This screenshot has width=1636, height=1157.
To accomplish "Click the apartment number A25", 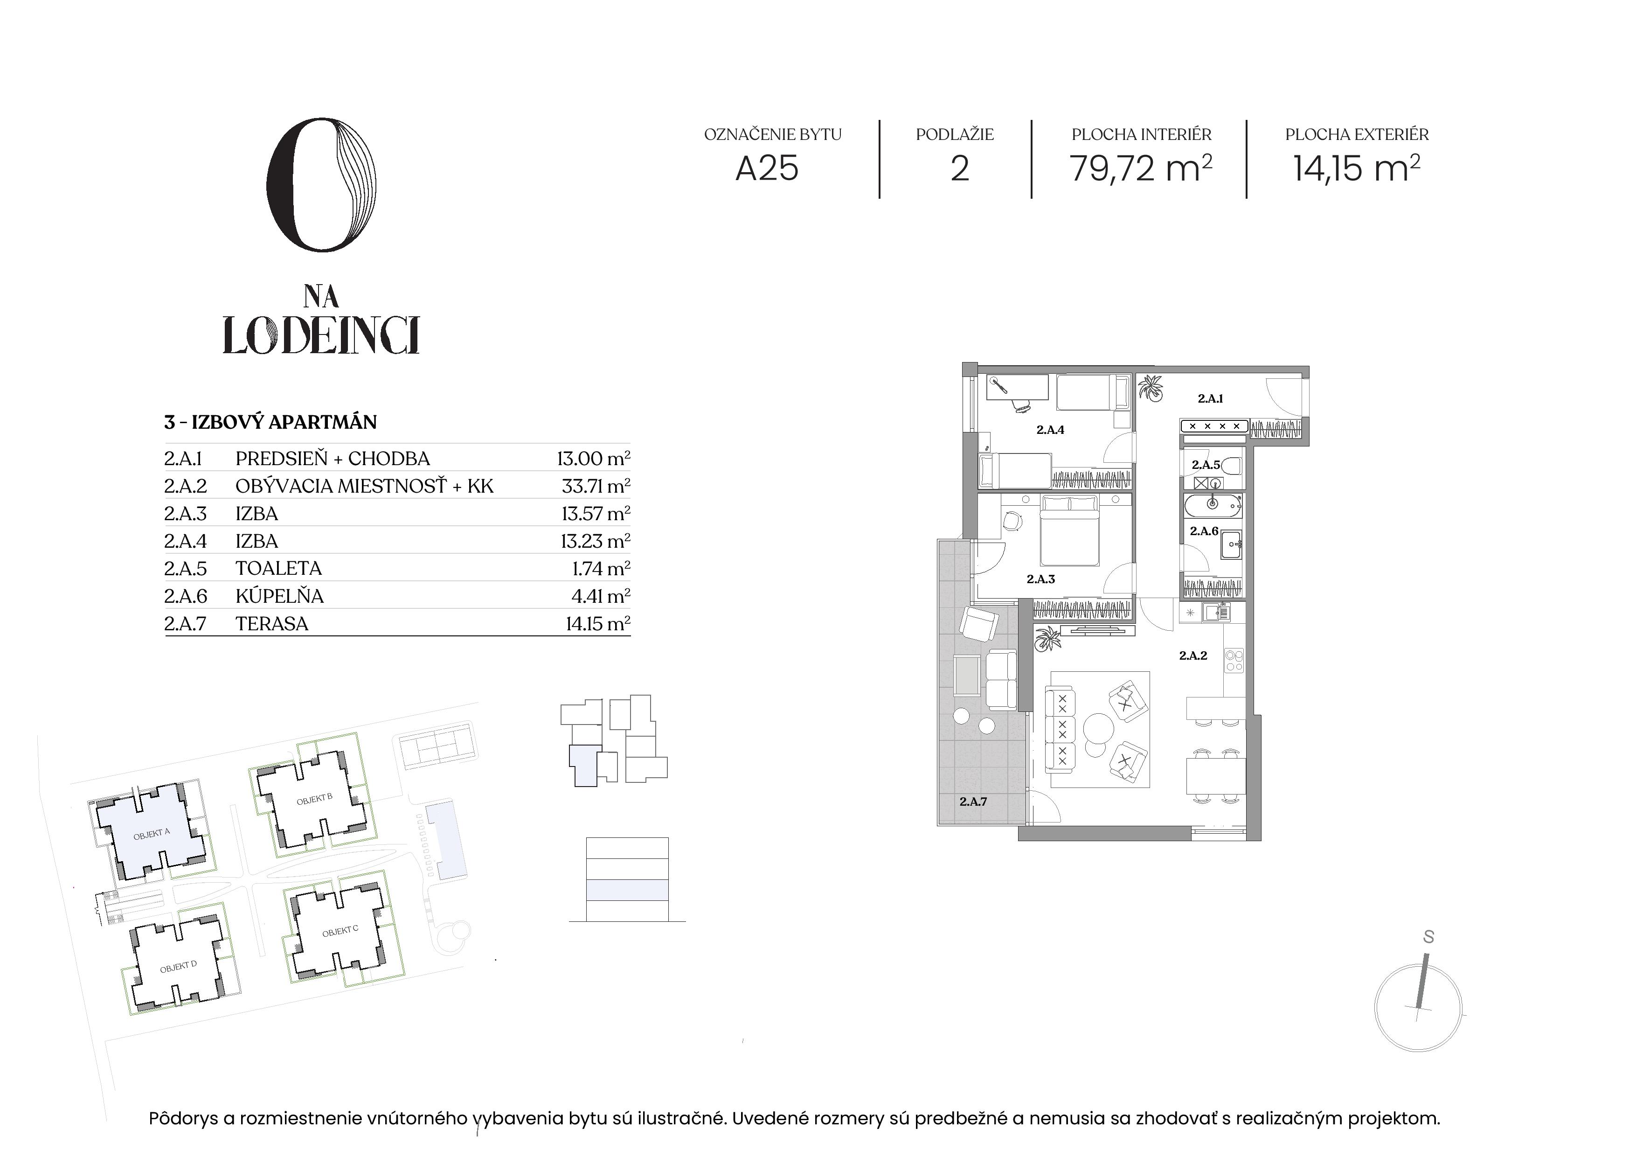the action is [x=767, y=169].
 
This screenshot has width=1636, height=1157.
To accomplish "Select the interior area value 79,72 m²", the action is [x=1141, y=168].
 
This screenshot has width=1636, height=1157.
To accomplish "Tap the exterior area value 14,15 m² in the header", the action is [x=1357, y=168].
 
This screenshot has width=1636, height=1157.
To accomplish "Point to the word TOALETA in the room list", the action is [x=278, y=568].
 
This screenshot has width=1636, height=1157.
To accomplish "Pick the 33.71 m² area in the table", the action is [x=596, y=486].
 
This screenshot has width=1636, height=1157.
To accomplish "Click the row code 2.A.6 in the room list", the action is [x=185, y=596].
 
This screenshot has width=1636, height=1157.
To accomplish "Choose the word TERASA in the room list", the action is [x=272, y=624].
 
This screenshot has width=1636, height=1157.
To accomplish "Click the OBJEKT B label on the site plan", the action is [x=314, y=799].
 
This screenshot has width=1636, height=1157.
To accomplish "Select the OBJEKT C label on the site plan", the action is [x=340, y=932].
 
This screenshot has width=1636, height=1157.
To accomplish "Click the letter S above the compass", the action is [x=1428, y=937].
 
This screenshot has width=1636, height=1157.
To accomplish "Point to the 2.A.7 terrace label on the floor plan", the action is [x=973, y=802].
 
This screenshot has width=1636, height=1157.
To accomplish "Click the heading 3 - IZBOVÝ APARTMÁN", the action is [x=271, y=422].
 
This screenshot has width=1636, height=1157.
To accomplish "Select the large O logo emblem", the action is [x=321, y=185].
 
